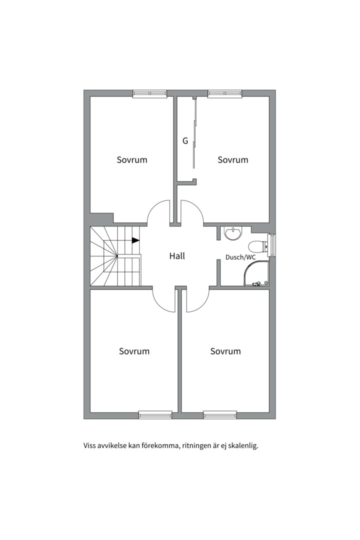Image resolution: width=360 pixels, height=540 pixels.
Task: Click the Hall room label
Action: pos(177,256)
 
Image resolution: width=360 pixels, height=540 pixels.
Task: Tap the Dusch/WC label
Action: pos(240,257)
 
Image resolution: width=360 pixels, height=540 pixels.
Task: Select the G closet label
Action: pos(185,141)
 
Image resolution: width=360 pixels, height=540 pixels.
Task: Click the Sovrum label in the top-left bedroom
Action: pos(132,160)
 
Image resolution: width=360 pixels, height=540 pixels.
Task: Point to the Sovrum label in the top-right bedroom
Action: pos(233,160)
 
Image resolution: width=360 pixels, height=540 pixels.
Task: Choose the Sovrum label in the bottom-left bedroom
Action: pos(134,351)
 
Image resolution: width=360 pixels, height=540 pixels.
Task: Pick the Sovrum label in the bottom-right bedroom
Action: pos(225,351)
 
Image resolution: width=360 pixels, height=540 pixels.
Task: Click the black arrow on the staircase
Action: pos(135,240)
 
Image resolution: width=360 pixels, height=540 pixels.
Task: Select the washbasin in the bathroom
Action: pos(233,233)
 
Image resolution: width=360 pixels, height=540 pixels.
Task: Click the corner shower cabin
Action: pos(256,273)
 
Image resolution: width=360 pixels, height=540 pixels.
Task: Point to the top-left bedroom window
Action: pos(150,93)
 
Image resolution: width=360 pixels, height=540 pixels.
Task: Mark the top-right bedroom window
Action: pos(224,93)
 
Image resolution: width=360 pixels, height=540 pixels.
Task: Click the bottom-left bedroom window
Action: pos(155,415)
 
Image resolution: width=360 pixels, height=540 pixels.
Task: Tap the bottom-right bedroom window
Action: pos(220,415)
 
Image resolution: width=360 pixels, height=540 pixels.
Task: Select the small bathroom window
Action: pos(272,245)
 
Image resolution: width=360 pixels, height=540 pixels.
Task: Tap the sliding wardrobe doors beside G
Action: pos(194,133)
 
